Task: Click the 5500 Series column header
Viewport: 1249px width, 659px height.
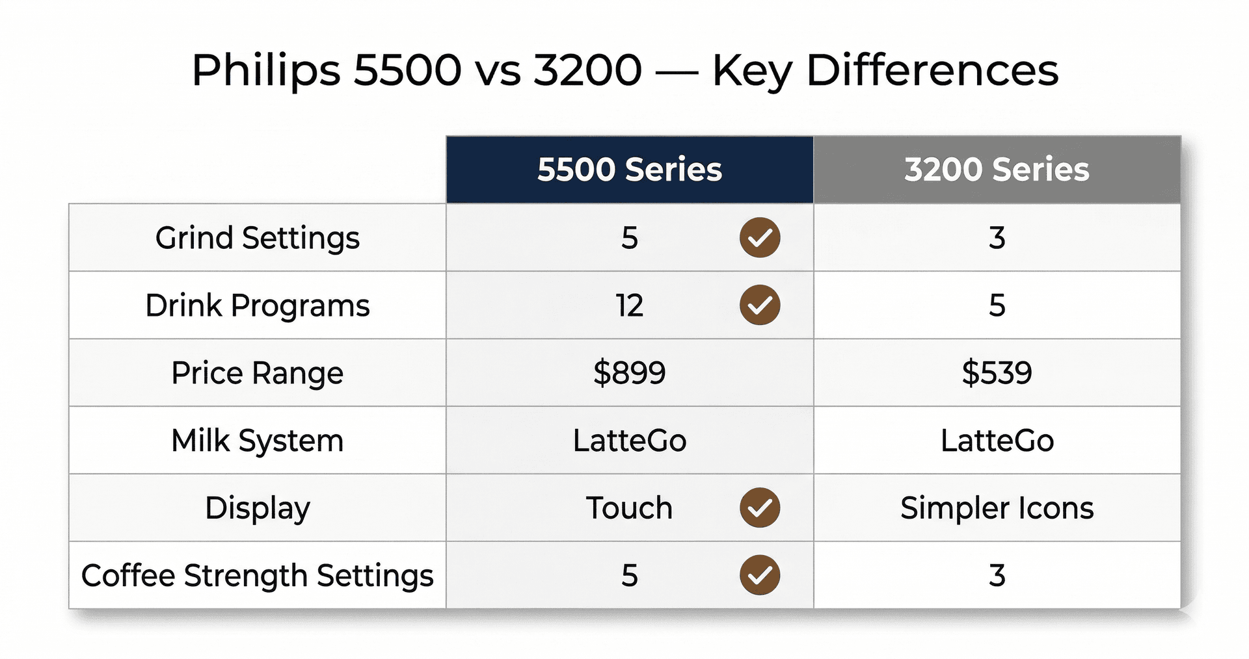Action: pyautogui.click(x=629, y=170)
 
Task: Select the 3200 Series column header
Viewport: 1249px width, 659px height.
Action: pyautogui.click(x=996, y=170)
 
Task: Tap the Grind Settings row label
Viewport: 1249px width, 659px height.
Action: pyautogui.click(x=257, y=238)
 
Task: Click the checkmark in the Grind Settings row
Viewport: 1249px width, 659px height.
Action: pyautogui.click(x=759, y=238)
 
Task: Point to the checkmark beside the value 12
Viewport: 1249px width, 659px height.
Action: pyautogui.click(x=759, y=305)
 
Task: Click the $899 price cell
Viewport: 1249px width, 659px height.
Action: pyautogui.click(x=629, y=373)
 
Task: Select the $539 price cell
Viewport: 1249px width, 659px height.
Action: pyautogui.click(x=996, y=373)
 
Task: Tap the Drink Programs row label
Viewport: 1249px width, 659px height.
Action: pyautogui.click(x=257, y=305)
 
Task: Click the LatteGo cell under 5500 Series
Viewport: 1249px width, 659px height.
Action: pyautogui.click(x=629, y=441)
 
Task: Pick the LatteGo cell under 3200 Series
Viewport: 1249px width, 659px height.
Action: pyautogui.click(x=996, y=441)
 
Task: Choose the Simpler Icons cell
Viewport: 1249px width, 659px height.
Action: pyautogui.click(x=996, y=508)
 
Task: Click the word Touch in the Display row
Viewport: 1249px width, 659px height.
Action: pyautogui.click(x=628, y=508)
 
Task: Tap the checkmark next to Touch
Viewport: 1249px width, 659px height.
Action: pyautogui.click(x=759, y=508)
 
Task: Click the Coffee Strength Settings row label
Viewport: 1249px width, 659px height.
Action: pyautogui.click(x=257, y=576)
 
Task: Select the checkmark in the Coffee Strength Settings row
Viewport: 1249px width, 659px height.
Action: pyautogui.click(x=759, y=576)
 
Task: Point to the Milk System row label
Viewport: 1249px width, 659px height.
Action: pyautogui.click(x=257, y=441)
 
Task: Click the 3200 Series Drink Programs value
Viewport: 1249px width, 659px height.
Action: pyautogui.click(x=997, y=305)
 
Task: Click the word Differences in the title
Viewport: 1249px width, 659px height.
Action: pyautogui.click(x=932, y=70)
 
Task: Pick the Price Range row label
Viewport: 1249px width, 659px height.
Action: pyautogui.click(x=257, y=373)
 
